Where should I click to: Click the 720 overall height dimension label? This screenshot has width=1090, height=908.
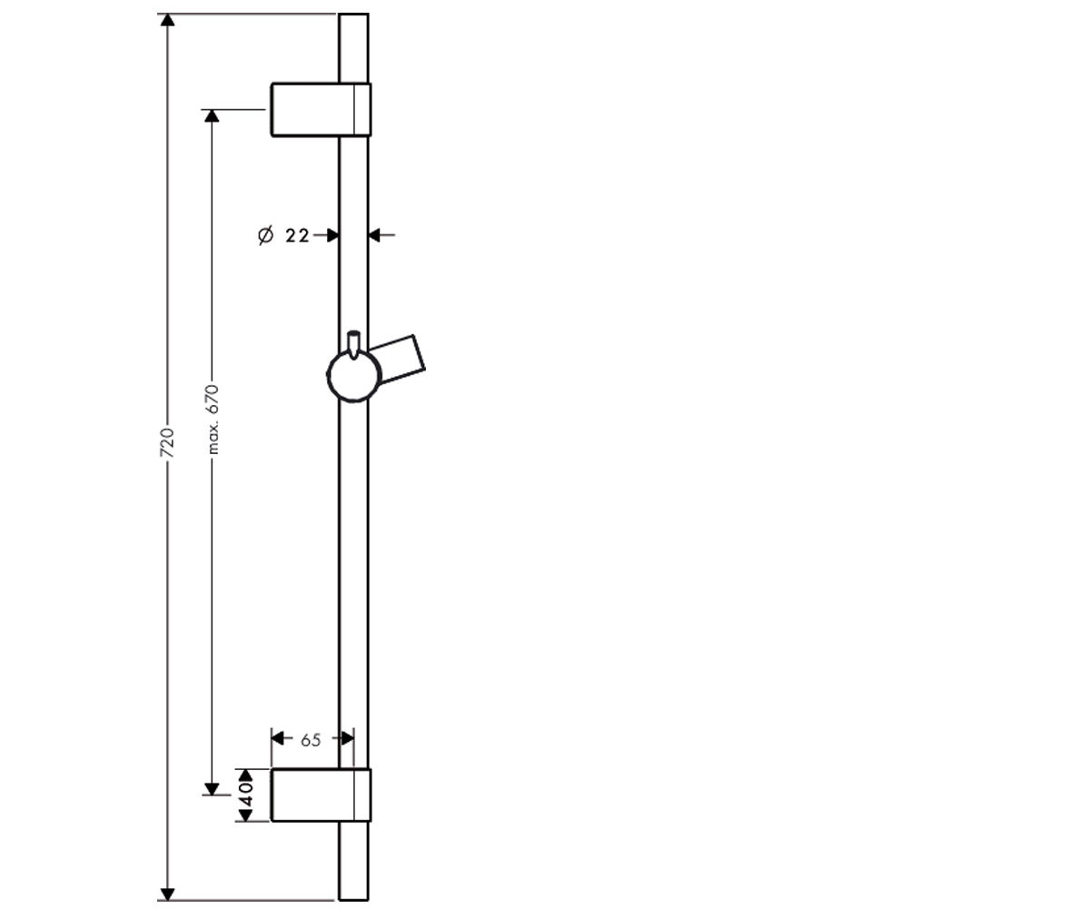click(166, 442)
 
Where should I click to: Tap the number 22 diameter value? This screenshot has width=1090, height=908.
click(298, 236)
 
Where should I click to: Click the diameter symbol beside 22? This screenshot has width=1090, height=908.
click(266, 235)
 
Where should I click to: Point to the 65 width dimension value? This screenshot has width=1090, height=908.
click(311, 740)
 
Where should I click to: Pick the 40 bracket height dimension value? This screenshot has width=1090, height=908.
click(246, 794)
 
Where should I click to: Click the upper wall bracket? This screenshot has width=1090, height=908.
click(321, 110)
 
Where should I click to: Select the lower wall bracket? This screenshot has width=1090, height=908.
click(321, 794)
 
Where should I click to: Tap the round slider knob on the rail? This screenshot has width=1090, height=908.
click(354, 376)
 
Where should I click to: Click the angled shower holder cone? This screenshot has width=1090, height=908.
click(400, 360)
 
